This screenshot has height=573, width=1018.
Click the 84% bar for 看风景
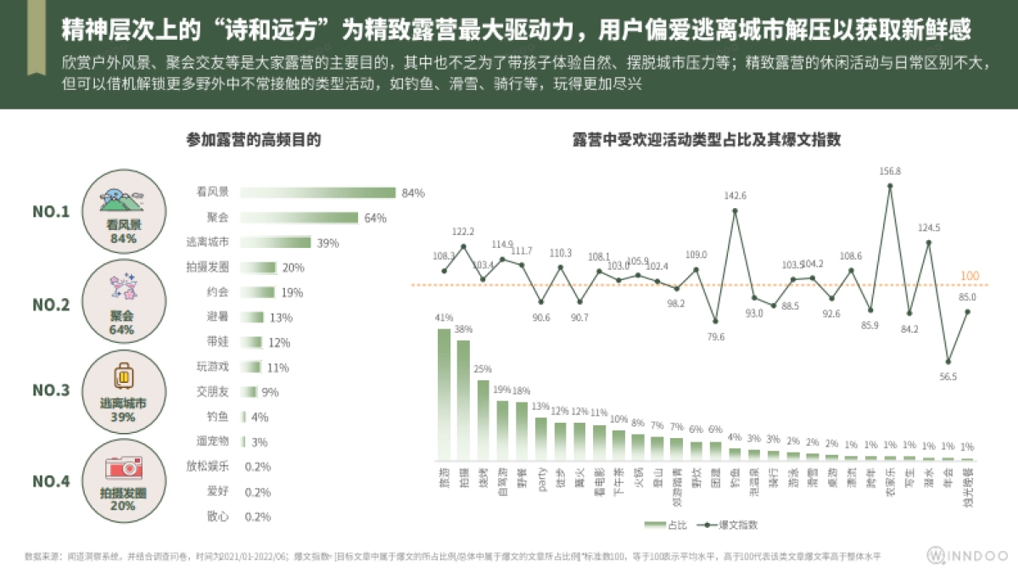pos(318,193)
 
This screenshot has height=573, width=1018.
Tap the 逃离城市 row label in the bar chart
pos(208,243)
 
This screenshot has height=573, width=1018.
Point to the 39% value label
pos(327,243)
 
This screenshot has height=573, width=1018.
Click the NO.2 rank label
pos(51,302)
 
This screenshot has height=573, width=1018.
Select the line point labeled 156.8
pos(890,185)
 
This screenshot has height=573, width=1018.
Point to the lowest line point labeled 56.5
pos(948,362)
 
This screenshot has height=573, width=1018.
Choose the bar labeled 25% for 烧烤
pos(483,419)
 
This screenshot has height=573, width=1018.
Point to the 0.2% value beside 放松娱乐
pos(257,467)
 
